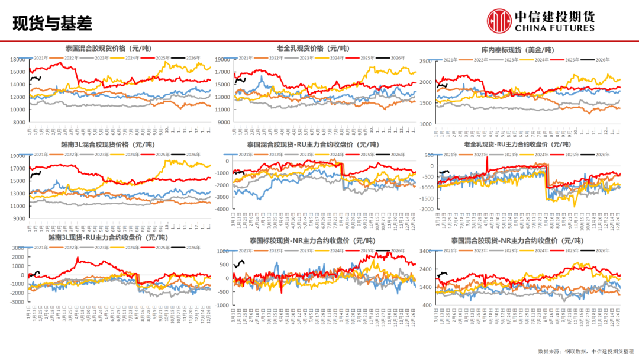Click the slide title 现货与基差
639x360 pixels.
(x=52, y=23)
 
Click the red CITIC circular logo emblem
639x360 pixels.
(x=499, y=21)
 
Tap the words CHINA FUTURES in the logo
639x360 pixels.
(x=554, y=28)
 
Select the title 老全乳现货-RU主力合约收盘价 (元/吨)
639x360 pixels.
(x=518, y=144)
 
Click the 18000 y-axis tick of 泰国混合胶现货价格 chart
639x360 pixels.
(x=17, y=59)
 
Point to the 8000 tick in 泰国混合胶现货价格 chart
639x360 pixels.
(x=20, y=122)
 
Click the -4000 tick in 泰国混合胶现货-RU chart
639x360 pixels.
(x=221, y=210)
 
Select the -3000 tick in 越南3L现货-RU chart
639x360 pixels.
(x=17, y=302)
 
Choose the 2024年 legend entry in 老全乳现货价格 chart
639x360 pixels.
(x=333, y=58)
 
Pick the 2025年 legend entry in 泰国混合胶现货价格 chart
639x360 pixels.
(x=163, y=58)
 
